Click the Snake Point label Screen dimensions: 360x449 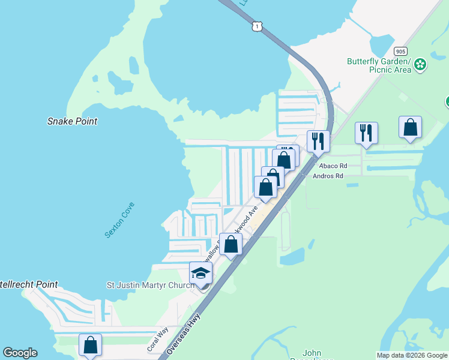click(x=72, y=121)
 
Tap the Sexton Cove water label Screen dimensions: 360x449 click(x=119, y=220)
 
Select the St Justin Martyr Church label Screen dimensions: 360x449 click(x=150, y=285)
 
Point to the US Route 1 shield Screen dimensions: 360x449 click(x=256, y=26)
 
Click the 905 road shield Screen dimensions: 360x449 click(x=401, y=51)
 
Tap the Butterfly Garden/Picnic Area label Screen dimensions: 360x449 click(x=379, y=65)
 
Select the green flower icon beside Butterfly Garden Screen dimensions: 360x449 click(x=420, y=64)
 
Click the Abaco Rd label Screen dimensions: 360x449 click(x=333, y=166)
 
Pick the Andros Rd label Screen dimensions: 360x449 click(x=328, y=176)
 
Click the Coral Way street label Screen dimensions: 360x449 click(x=157, y=340)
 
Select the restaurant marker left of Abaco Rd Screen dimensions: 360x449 click(x=318, y=141)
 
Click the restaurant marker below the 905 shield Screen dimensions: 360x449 click(x=366, y=133)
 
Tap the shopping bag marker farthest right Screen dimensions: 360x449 click(x=410, y=127)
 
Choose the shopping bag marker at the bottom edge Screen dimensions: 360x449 click(x=91, y=345)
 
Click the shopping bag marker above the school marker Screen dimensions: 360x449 click(x=231, y=244)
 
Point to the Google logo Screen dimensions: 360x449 click(x=20, y=353)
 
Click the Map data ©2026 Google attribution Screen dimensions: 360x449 click(x=412, y=355)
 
